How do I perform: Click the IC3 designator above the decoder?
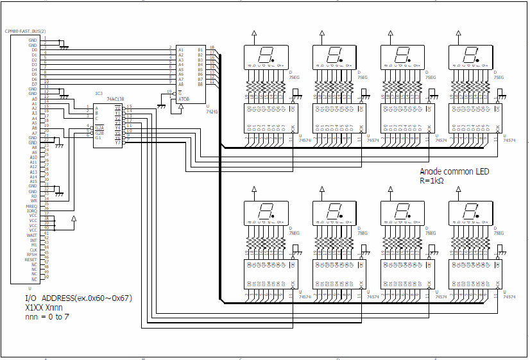click(99, 94)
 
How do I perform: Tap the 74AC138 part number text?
click(115, 99)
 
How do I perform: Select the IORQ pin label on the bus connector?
click(33, 210)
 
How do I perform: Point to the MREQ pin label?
click(33, 205)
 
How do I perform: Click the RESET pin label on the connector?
click(31, 260)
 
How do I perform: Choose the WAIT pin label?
click(32, 235)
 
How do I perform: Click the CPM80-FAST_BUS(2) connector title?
click(25, 31)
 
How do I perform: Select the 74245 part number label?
click(212, 110)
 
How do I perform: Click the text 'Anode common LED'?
click(454, 172)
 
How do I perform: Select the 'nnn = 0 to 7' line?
click(47, 317)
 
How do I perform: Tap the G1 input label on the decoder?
click(98, 137)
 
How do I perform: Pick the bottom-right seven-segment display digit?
click(470, 212)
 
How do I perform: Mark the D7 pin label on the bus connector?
click(34, 84)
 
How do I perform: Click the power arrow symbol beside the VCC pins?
click(74, 219)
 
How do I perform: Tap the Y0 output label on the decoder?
click(118, 107)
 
